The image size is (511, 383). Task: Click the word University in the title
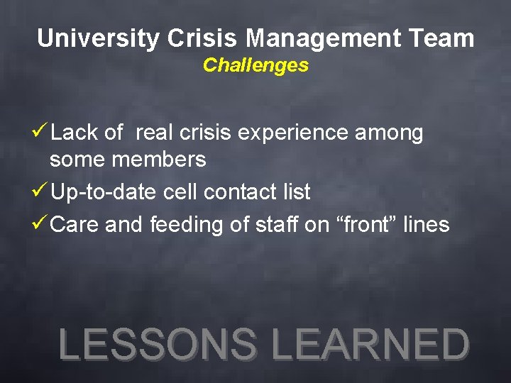point(99,38)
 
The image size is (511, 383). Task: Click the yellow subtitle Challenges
point(255,65)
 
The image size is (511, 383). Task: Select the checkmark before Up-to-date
point(41,191)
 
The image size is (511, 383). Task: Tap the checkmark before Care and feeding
point(41,224)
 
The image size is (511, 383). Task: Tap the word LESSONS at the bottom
point(158,344)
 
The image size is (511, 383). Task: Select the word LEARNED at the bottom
point(370,344)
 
